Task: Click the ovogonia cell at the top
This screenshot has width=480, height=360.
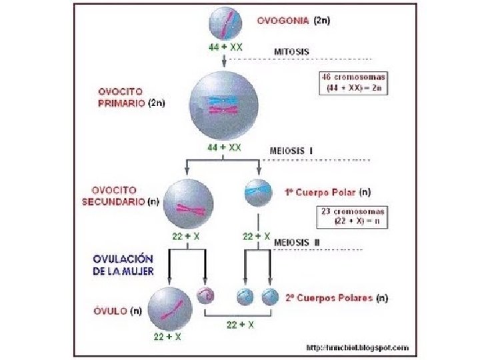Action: pos(225,23)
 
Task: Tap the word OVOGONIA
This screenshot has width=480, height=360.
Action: pos(283,21)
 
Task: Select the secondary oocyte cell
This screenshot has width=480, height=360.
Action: pos(189,203)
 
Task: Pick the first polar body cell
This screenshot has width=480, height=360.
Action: pos(258,191)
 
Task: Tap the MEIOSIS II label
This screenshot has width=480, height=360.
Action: pos(297,242)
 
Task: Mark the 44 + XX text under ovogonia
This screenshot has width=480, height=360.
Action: pos(225,49)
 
